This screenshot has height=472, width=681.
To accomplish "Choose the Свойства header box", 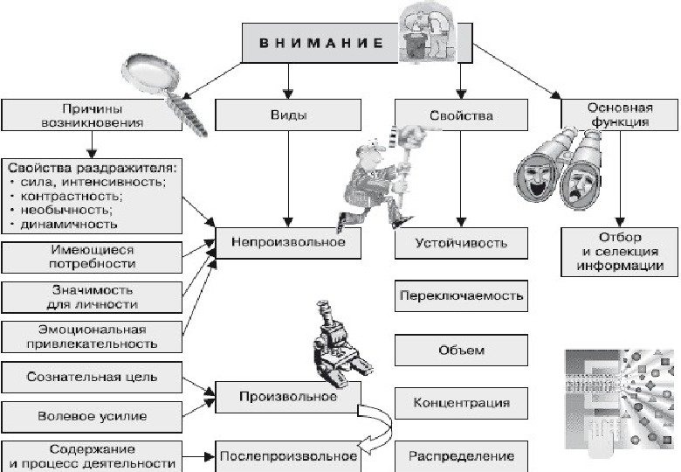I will [461, 115].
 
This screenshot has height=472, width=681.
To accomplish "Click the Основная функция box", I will [619, 115].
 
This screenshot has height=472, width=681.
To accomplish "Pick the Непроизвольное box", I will [288, 242].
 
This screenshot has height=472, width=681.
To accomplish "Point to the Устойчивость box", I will [462, 242].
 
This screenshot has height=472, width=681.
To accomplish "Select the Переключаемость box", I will [462, 295].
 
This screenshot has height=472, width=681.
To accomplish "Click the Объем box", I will [462, 350].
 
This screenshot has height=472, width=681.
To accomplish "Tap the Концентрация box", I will [462, 403].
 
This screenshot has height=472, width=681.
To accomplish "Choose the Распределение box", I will [462, 455].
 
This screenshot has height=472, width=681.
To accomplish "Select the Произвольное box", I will [288, 398].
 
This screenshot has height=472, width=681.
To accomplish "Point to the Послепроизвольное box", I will [288, 455].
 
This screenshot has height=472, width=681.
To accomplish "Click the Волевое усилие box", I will [92, 416].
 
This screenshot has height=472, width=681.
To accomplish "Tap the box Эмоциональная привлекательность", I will [92, 337].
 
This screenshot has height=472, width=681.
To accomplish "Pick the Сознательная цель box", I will [92, 378].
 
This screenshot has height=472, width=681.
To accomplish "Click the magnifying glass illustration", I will [162, 83].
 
